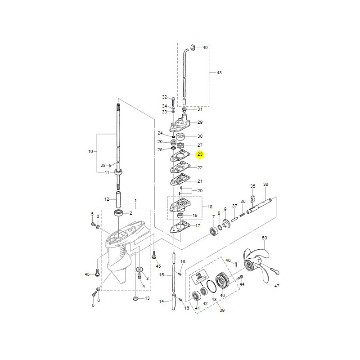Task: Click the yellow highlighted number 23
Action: [200, 154]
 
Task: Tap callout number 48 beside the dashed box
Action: [219, 72]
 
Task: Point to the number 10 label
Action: [90, 152]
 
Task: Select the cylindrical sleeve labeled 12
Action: [120, 199]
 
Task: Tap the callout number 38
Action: [265, 184]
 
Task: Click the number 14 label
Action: [162, 302]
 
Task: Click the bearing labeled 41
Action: [195, 296]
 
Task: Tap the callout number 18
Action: [210, 207]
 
